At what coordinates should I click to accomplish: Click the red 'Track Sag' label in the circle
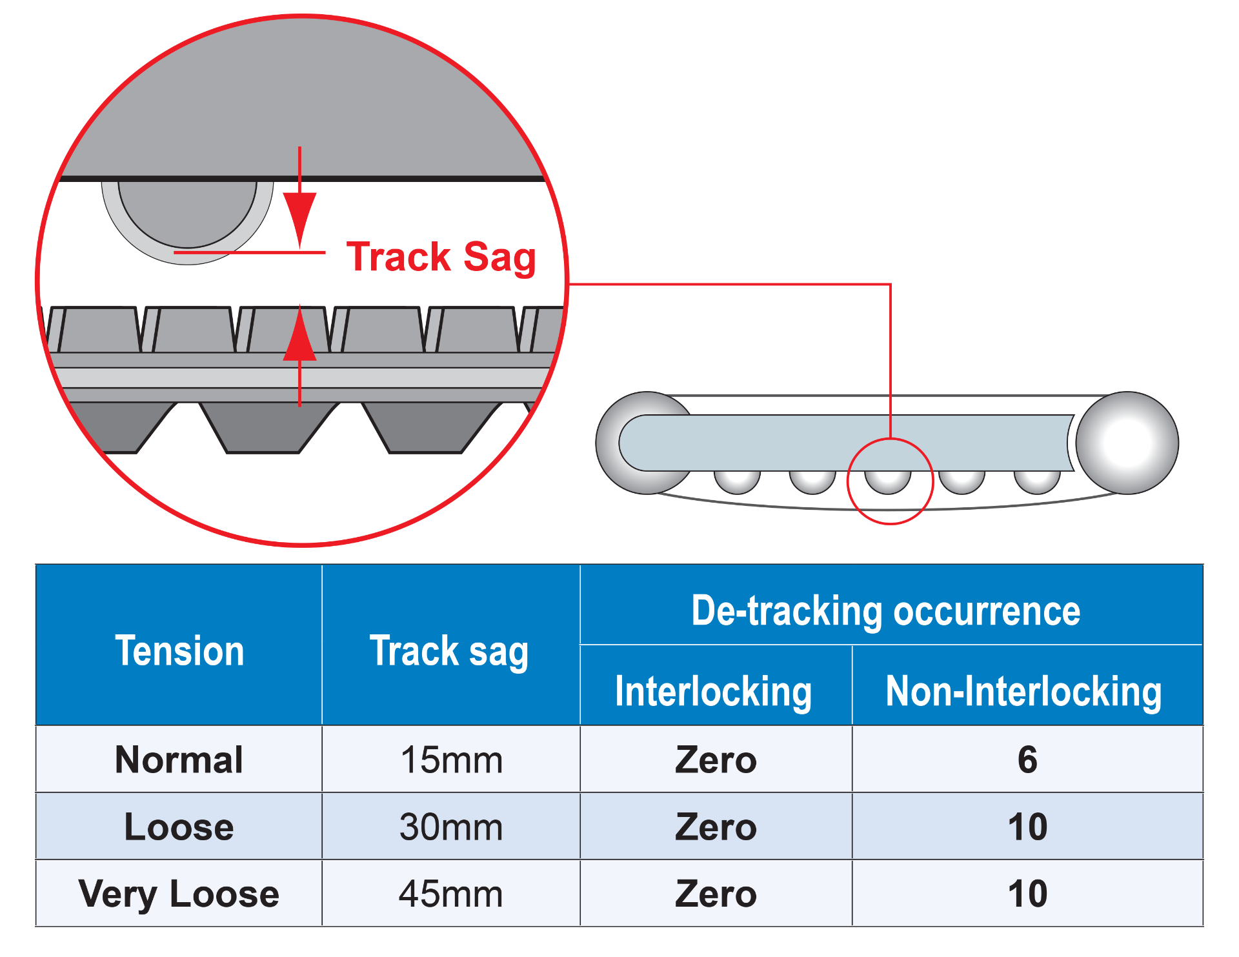pyautogui.click(x=441, y=257)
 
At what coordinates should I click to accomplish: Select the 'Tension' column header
pyautogui.click(x=179, y=650)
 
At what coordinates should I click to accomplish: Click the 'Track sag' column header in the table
pyautogui.click(x=449, y=650)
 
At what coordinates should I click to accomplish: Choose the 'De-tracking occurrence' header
pyautogui.click(x=885, y=610)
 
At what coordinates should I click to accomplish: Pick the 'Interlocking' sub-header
pyautogui.click(x=713, y=691)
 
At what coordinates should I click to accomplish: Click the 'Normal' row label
pyautogui.click(x=179, y=760)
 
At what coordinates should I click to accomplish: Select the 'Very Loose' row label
pyautogui.click(x=179, y=894)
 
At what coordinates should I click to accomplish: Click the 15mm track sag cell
pyautogui.click(x=451, y=760)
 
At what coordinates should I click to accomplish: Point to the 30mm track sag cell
pyautogui.click(x=451, y=827)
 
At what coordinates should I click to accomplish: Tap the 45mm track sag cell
pyautogui.click(x=451, y=894)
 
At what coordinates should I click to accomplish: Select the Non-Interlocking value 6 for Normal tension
pyautogui.click(x=1027, y=760)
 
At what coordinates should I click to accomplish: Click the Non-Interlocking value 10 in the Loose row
pyautogui.click(x=1027, y=827)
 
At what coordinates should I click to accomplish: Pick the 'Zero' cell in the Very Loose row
pyautogui.click(x=716, y=894)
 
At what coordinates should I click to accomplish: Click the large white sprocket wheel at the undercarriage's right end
pyautogui.click(x=1127, y=443)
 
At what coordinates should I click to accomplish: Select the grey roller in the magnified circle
pyautogui.click(x=188, y=216)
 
